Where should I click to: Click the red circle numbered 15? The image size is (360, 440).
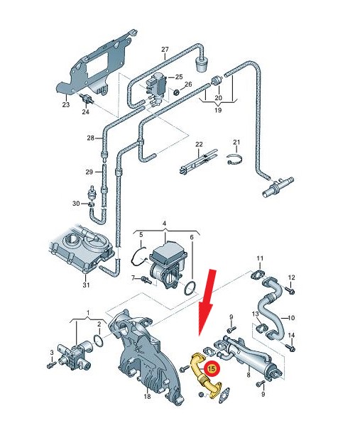coord(212,368)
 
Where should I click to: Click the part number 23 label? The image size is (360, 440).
coord(66,104)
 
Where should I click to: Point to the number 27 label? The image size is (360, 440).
coord(165,50)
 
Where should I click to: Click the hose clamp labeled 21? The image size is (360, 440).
coord(234,160)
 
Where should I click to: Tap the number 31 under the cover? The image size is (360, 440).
coord(86,285)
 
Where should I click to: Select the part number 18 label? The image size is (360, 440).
coord(147,397)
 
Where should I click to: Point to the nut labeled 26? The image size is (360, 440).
coord(177,92)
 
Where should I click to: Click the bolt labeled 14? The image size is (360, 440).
coord(290,348)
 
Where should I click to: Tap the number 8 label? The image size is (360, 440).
coord(249,375)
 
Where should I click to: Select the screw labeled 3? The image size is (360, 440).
coord(51,365)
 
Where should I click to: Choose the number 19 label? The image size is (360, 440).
coord(218,110)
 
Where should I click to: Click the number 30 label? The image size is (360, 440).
coord(76,203)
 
